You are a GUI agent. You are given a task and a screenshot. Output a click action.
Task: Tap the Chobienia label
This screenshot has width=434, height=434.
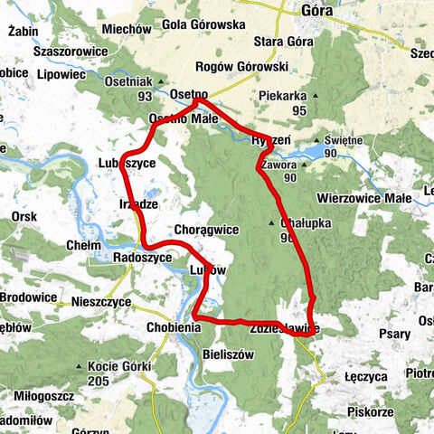tap(178, 327)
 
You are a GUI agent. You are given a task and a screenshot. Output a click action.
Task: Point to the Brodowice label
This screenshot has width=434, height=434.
tap(28, 297)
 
